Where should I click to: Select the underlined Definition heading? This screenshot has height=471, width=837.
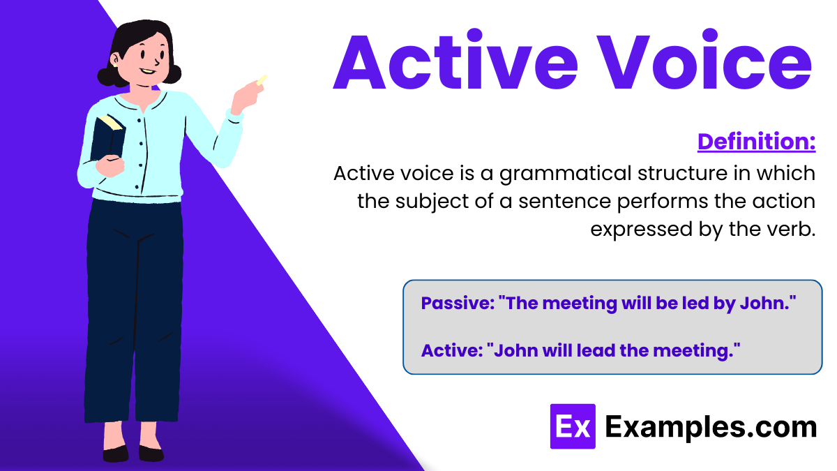click(756, 142)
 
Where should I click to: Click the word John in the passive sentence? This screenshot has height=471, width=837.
click(763, 304)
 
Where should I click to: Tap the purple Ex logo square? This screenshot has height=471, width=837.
click(573, 426)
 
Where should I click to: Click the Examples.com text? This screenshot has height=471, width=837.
click(710, 426)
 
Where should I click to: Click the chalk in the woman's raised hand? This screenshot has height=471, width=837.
click(262, 80)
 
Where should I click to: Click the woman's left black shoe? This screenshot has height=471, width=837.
click(116, 454)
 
